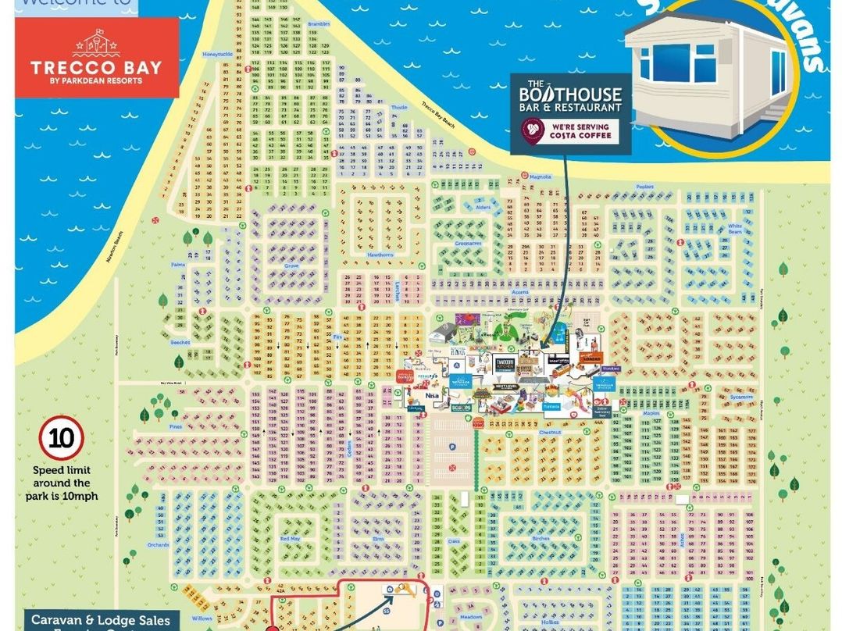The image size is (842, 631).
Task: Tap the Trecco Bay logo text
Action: (96, 66)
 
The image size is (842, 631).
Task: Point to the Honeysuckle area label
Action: (216, 54)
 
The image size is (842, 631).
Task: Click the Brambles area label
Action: (319, 24)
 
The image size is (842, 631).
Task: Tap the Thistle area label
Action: (399, 108)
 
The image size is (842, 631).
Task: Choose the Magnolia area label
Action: (541, 176)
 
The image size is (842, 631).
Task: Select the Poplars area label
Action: (644, 188)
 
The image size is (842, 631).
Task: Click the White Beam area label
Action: (734, 228)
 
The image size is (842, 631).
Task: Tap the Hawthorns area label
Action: (380, 255)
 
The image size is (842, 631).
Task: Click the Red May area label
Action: (290, 539)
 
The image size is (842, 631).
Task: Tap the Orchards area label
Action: (157, 544)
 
